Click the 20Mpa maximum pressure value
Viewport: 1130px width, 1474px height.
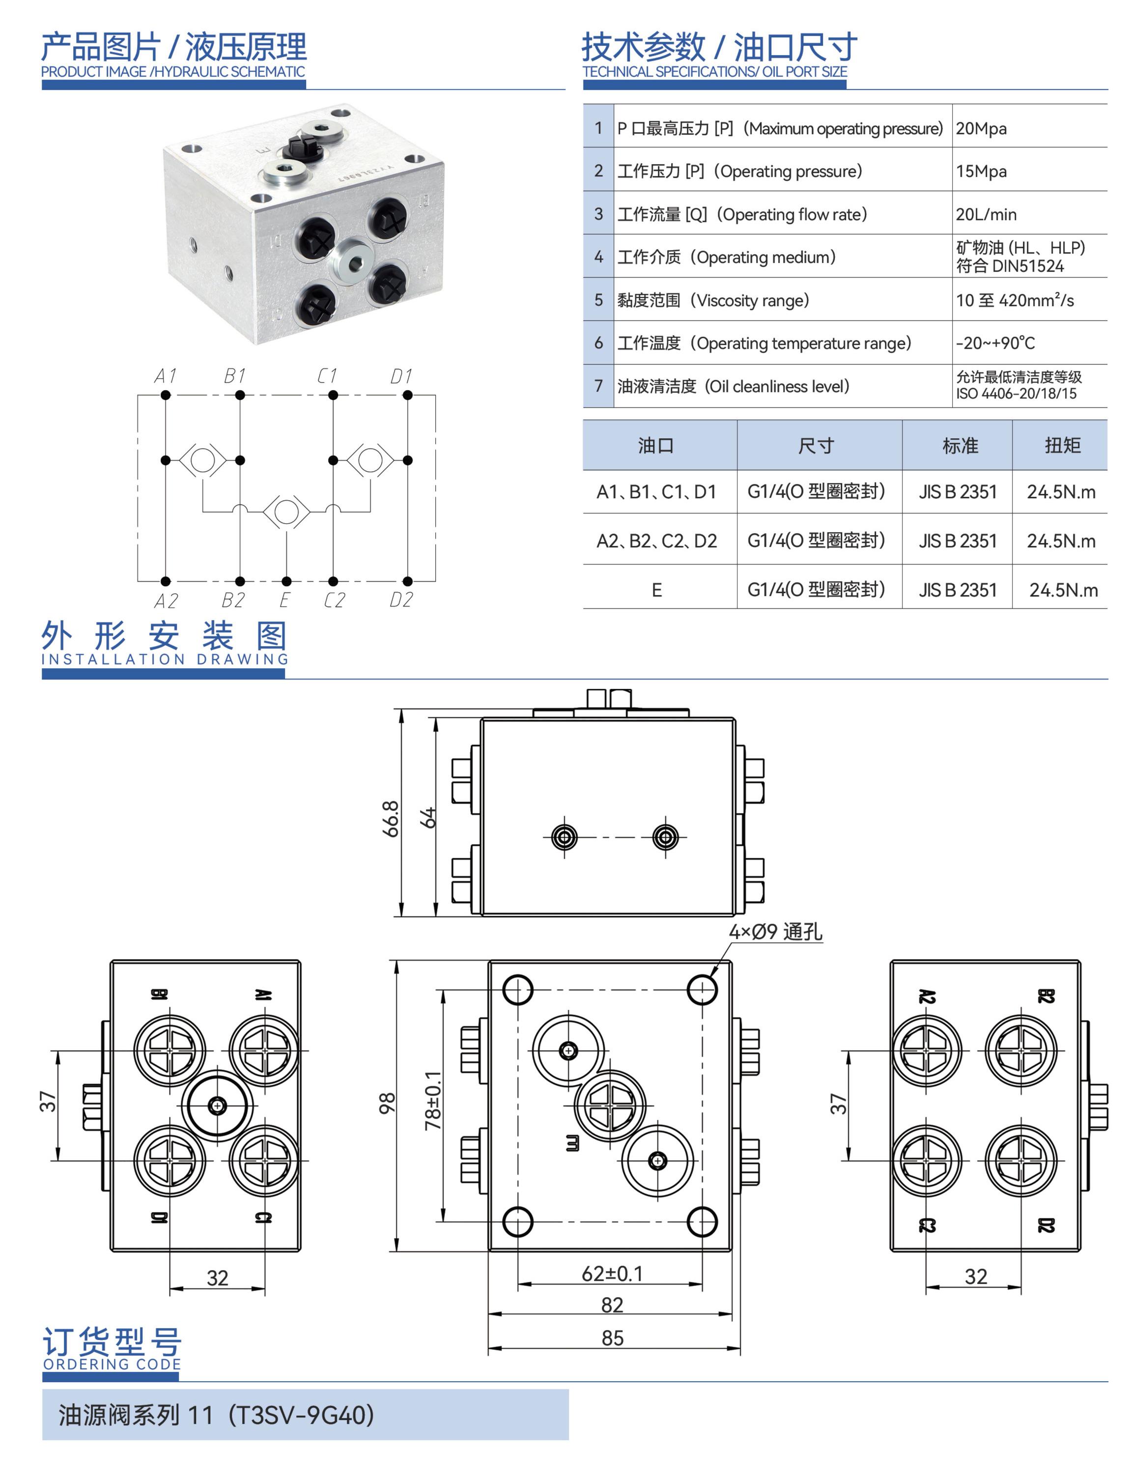point(981,129)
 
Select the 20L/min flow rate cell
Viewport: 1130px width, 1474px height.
point(986,215)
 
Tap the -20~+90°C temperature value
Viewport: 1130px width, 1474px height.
point(995,343)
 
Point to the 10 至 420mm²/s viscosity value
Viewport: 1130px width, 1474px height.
point(1015,300)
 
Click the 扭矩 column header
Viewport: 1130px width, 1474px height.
point(1062,445)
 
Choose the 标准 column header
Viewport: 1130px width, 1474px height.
point(960,445)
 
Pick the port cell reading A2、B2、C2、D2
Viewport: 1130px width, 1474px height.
point(656,541)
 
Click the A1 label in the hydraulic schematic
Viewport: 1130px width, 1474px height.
point(166,375)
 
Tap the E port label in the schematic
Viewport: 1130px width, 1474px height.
point(284,599)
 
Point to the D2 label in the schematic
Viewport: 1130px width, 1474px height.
point(401,599)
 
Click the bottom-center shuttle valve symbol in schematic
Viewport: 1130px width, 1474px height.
point(286,512)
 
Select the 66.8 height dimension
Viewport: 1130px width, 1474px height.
point(391,819)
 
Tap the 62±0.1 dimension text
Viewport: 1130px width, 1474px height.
point(612,1274)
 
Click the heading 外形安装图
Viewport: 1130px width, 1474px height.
point(164,636)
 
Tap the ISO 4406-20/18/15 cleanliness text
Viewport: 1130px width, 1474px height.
point(1017,394)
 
